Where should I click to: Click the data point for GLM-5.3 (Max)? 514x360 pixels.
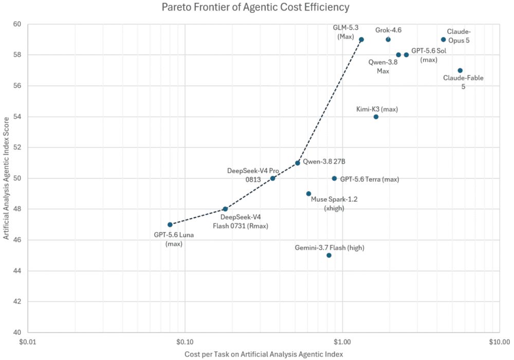(x=361, y=40)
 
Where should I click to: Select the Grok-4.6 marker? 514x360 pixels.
(x=388, y=40)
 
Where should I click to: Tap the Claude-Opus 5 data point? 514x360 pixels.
(x=444, y=40)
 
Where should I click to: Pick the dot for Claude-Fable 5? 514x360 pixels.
(x=460, y=70)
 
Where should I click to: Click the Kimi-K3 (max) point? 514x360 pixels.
(x=376, y=117)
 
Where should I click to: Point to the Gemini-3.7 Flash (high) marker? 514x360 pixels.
(x=329, y=256)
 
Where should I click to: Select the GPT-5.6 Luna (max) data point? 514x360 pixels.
(x=170, y=225)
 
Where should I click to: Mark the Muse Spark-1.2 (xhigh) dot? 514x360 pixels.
(x=308, y=194)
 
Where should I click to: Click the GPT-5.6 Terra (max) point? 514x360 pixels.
(x=335, y=179)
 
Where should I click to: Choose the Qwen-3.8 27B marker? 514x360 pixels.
(x=298, y=163)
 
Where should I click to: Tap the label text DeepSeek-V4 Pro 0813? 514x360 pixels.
(x=253, y=175)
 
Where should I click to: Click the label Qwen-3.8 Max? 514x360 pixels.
(x=383, y=66)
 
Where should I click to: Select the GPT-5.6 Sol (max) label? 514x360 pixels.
(x=429, y=55)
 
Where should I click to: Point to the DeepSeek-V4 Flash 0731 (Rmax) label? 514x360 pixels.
(x=241, y=221)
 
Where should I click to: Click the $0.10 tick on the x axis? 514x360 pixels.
(x=185, y=342)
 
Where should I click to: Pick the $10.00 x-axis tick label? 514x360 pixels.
(x=500, y=342)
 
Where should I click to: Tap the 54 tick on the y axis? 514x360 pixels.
(x=17, y=117)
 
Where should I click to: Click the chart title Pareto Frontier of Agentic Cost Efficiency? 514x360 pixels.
(x=255, y=7)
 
